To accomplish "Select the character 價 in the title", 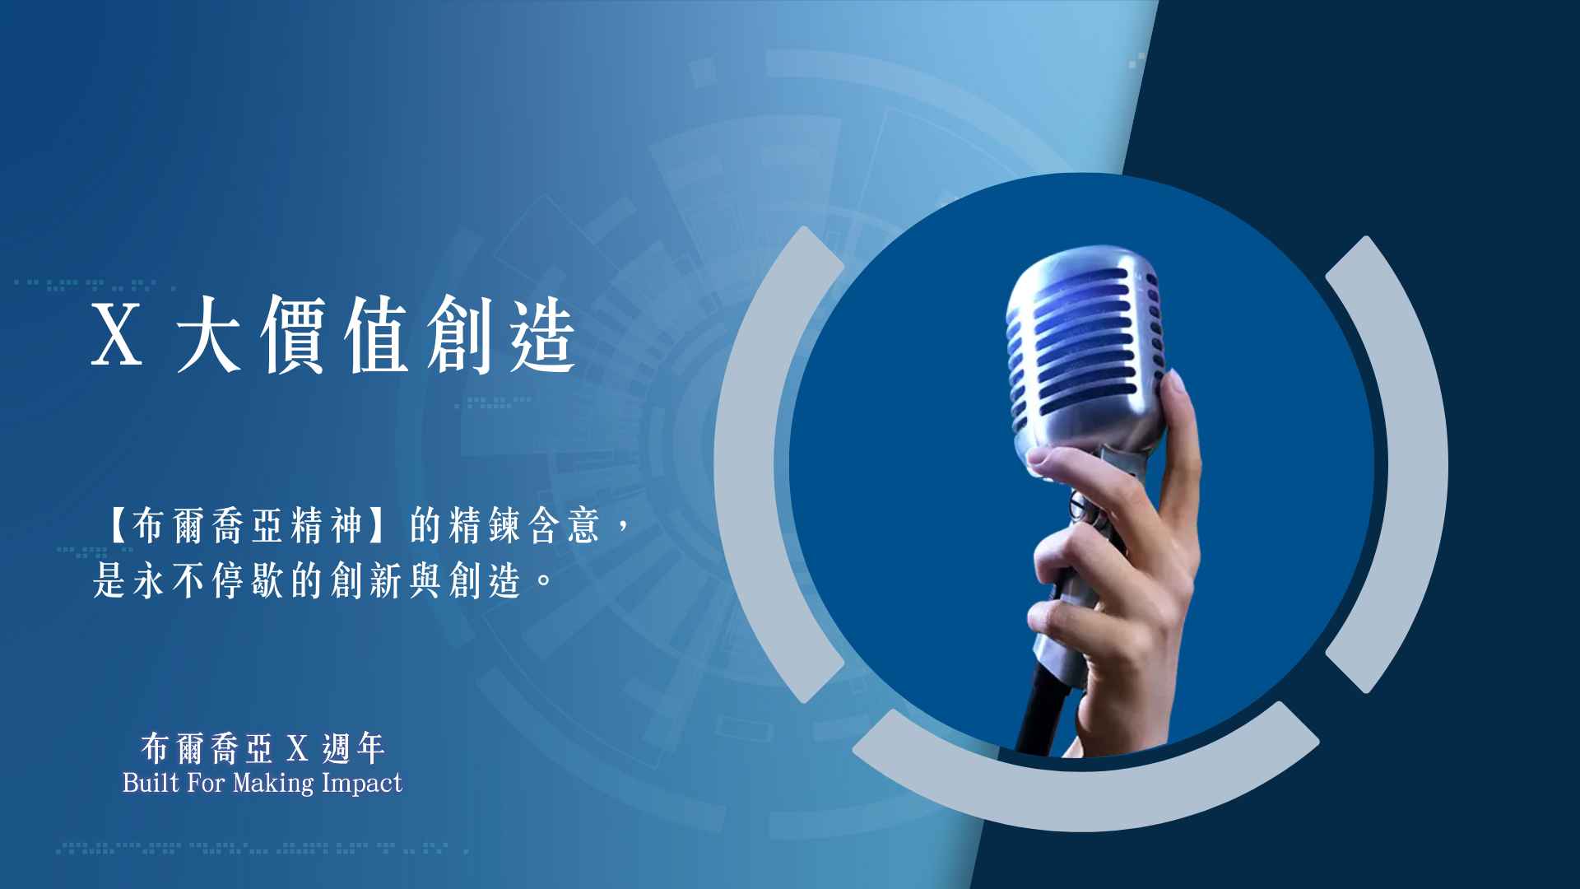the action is coord(293,333).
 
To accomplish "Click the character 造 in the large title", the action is coord(542,333).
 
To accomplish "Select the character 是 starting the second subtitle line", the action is coord(109,580).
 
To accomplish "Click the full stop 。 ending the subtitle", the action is coord(544,579).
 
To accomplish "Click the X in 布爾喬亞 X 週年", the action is coord(297,749).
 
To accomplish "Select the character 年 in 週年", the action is coord(369,748).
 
